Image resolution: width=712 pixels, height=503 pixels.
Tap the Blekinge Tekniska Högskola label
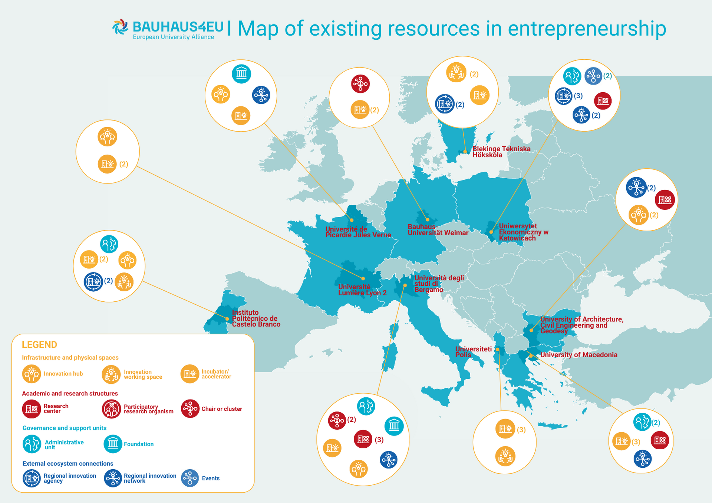click(x=501, y=152)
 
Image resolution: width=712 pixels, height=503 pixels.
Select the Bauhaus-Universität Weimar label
click(x=438, y=230)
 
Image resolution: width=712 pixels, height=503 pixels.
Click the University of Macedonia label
click(x=578, y=355)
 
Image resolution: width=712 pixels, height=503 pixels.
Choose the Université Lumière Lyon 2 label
click(x=362, y=290)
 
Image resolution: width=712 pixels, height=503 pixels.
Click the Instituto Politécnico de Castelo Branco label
click(x=256, y=318)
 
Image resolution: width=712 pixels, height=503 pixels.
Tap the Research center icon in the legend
click(x=32, y=409)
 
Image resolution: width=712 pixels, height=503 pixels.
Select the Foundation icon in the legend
click(x=113, y=444)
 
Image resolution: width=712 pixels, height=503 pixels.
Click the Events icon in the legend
click(x=190, y=478)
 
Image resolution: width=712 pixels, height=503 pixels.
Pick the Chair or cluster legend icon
click(x=190, y=409)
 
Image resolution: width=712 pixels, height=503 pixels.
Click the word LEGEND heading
click(x=39, y=345)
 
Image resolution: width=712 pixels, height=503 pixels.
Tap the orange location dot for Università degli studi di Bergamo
click(x=405, y=285)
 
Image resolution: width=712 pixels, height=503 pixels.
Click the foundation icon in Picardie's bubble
click(x=241, y=73)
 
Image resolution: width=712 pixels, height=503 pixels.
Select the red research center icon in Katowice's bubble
click(x=603, y=101)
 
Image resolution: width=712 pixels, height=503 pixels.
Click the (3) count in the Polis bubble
click(x=521, y=430)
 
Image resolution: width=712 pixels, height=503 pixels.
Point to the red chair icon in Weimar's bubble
click(x=360, y=84)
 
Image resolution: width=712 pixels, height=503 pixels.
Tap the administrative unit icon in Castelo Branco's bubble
click(x=109, y=244)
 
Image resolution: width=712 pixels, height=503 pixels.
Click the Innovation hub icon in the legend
click(x=32, y=374)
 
